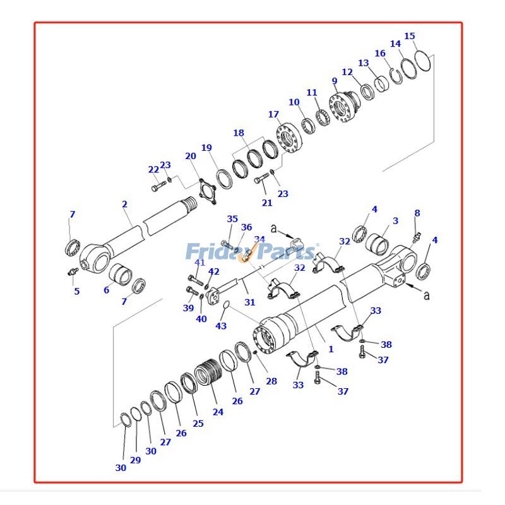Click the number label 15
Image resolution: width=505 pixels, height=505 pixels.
(410, 36)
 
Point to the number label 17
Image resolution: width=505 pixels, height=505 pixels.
(273, 114)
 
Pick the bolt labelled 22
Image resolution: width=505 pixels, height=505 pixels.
(157, 186)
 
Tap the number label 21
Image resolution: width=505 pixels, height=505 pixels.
(267, 202)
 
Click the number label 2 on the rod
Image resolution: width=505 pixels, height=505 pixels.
(124, 204)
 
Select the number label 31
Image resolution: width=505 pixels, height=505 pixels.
(250, 302)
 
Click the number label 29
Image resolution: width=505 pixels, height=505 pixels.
(135, 460)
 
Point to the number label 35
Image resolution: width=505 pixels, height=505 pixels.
(232, 219)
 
